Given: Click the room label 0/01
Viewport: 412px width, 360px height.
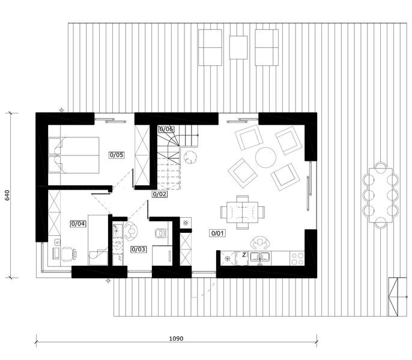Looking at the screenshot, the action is click(217, 233).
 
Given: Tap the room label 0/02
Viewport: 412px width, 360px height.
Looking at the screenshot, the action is click(160, 194).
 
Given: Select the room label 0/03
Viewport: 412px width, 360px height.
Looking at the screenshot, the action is click(139, 249).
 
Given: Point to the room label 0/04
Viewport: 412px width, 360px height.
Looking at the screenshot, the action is click(78, 224).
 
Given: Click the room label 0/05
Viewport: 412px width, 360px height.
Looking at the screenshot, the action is click(117, 155).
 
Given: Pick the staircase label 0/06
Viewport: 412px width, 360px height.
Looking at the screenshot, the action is click(166, 129).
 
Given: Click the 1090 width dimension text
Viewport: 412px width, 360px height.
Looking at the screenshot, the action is click(176, 338).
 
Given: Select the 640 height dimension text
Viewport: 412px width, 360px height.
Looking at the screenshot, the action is click(7, 196).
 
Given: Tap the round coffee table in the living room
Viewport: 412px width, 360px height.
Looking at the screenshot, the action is click(265, 158).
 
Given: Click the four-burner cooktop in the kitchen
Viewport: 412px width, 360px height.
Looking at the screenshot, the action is click(297, 259).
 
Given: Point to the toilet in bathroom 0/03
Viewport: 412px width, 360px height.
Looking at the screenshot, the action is click(160, 233).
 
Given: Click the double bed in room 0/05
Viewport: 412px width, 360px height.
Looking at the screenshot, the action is click(73, 155).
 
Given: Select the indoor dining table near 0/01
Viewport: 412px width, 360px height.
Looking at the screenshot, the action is click(242, 212).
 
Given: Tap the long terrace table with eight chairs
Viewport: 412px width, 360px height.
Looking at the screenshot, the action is click(381, 196).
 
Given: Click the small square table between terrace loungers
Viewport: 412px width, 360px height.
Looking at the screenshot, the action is click(238, 47).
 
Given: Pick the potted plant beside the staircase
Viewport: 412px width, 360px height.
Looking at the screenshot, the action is click(190, 157).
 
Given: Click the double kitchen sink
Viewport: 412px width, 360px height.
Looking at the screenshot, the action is click(260, 257).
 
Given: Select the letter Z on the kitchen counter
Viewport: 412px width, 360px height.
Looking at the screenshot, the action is click(244, 255).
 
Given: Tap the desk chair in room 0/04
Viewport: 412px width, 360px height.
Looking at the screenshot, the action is click(68, 254).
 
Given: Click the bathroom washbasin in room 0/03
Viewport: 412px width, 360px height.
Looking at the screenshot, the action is click(118, 230).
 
